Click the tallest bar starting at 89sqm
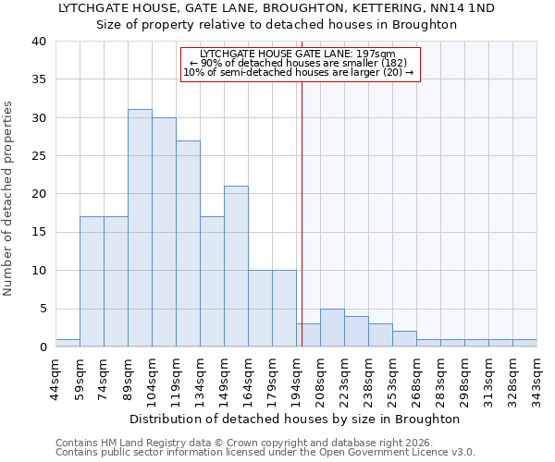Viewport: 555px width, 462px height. click(140, 228)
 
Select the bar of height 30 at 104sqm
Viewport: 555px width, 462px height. click(164, 232)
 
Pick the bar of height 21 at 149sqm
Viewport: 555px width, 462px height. click(236, 266)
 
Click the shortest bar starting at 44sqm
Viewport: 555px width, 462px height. click(68, 343)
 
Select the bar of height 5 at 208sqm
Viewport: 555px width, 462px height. click(332, 327)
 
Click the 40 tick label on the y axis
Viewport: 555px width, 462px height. click(38, 42)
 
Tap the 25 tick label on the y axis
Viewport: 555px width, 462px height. click(38, 156)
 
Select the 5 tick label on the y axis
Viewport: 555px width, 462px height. click(42, 309)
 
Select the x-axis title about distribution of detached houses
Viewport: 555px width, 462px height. click(295, 419)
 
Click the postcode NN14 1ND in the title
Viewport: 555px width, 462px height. click(461, 7)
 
